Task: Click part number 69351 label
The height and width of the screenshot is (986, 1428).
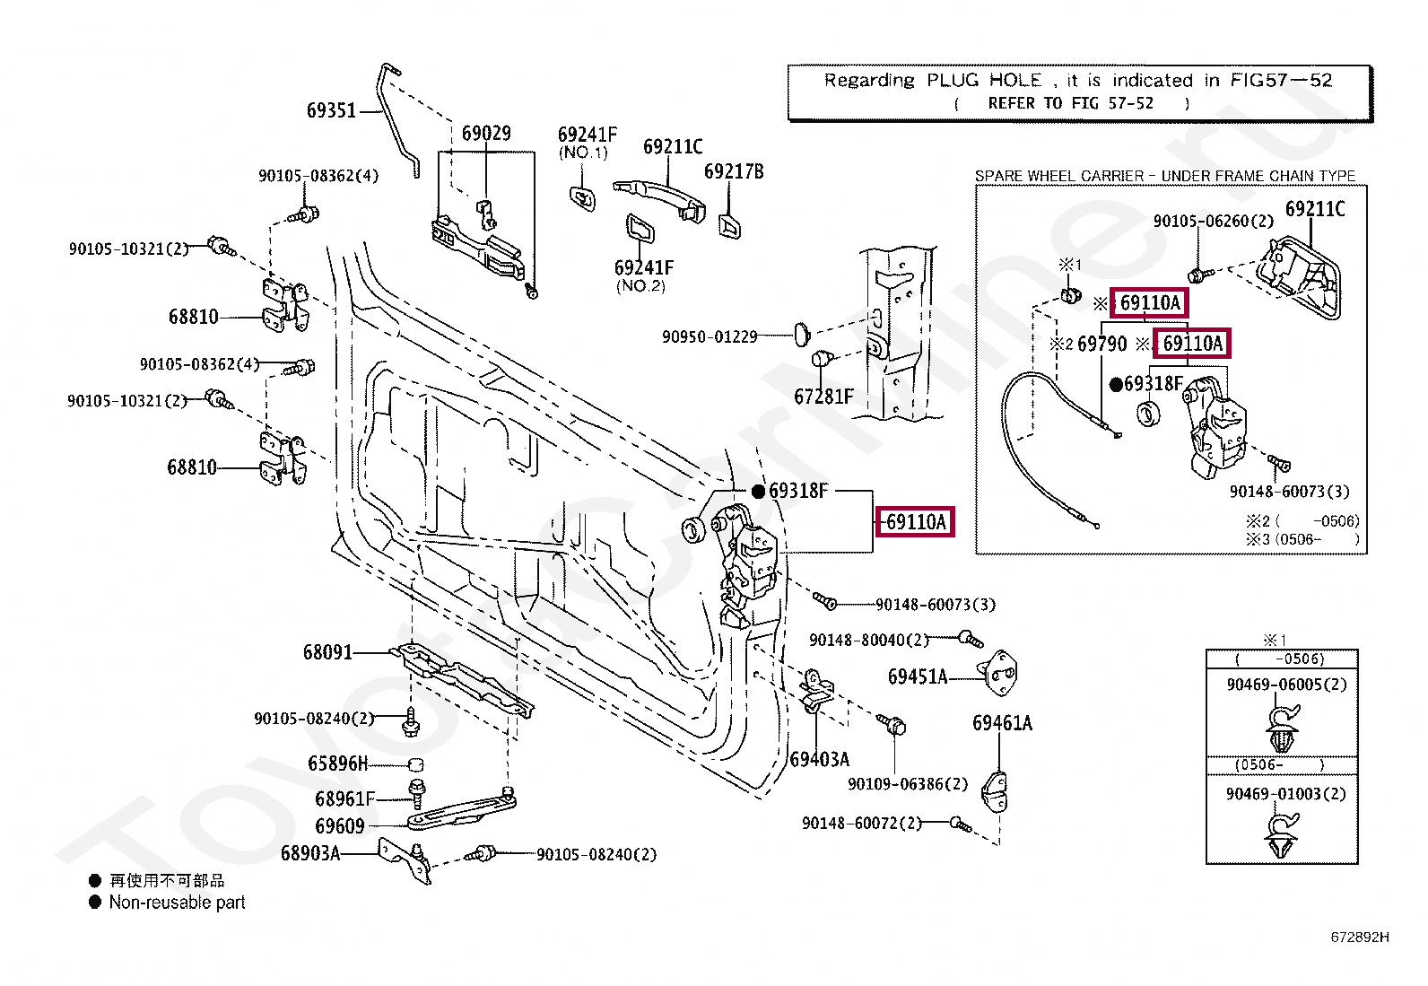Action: [332, 110]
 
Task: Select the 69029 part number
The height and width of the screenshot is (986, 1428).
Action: [486, 134]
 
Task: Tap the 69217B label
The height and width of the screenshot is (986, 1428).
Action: [734, 171]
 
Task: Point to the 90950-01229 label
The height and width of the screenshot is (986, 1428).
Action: [710, 336]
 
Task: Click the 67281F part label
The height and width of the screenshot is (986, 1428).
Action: [823, 397]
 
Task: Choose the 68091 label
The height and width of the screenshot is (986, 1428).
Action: [327, 652]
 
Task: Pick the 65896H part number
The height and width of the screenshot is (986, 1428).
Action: [338, 763]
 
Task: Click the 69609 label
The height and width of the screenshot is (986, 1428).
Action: [340, 826]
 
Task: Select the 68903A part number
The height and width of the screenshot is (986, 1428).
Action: [310, 853]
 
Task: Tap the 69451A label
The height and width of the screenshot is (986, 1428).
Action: [918, 676]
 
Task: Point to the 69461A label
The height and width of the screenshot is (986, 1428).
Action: [1002, 723]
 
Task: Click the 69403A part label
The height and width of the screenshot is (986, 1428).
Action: [820, 760]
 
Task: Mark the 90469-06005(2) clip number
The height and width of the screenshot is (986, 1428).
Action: [1286, 685]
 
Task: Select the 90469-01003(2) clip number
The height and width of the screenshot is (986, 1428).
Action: [1286, 794]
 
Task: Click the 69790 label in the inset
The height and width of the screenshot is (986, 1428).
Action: [1102, 345]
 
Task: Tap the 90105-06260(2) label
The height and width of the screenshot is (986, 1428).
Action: [1213, 221]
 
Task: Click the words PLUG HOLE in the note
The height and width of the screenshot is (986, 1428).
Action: [984, 81]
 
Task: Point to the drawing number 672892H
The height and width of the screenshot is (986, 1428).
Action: [1360, 937]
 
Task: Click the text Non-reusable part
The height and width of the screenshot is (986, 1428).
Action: [178, 903]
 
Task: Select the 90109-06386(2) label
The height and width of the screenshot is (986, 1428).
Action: [908, 784]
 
